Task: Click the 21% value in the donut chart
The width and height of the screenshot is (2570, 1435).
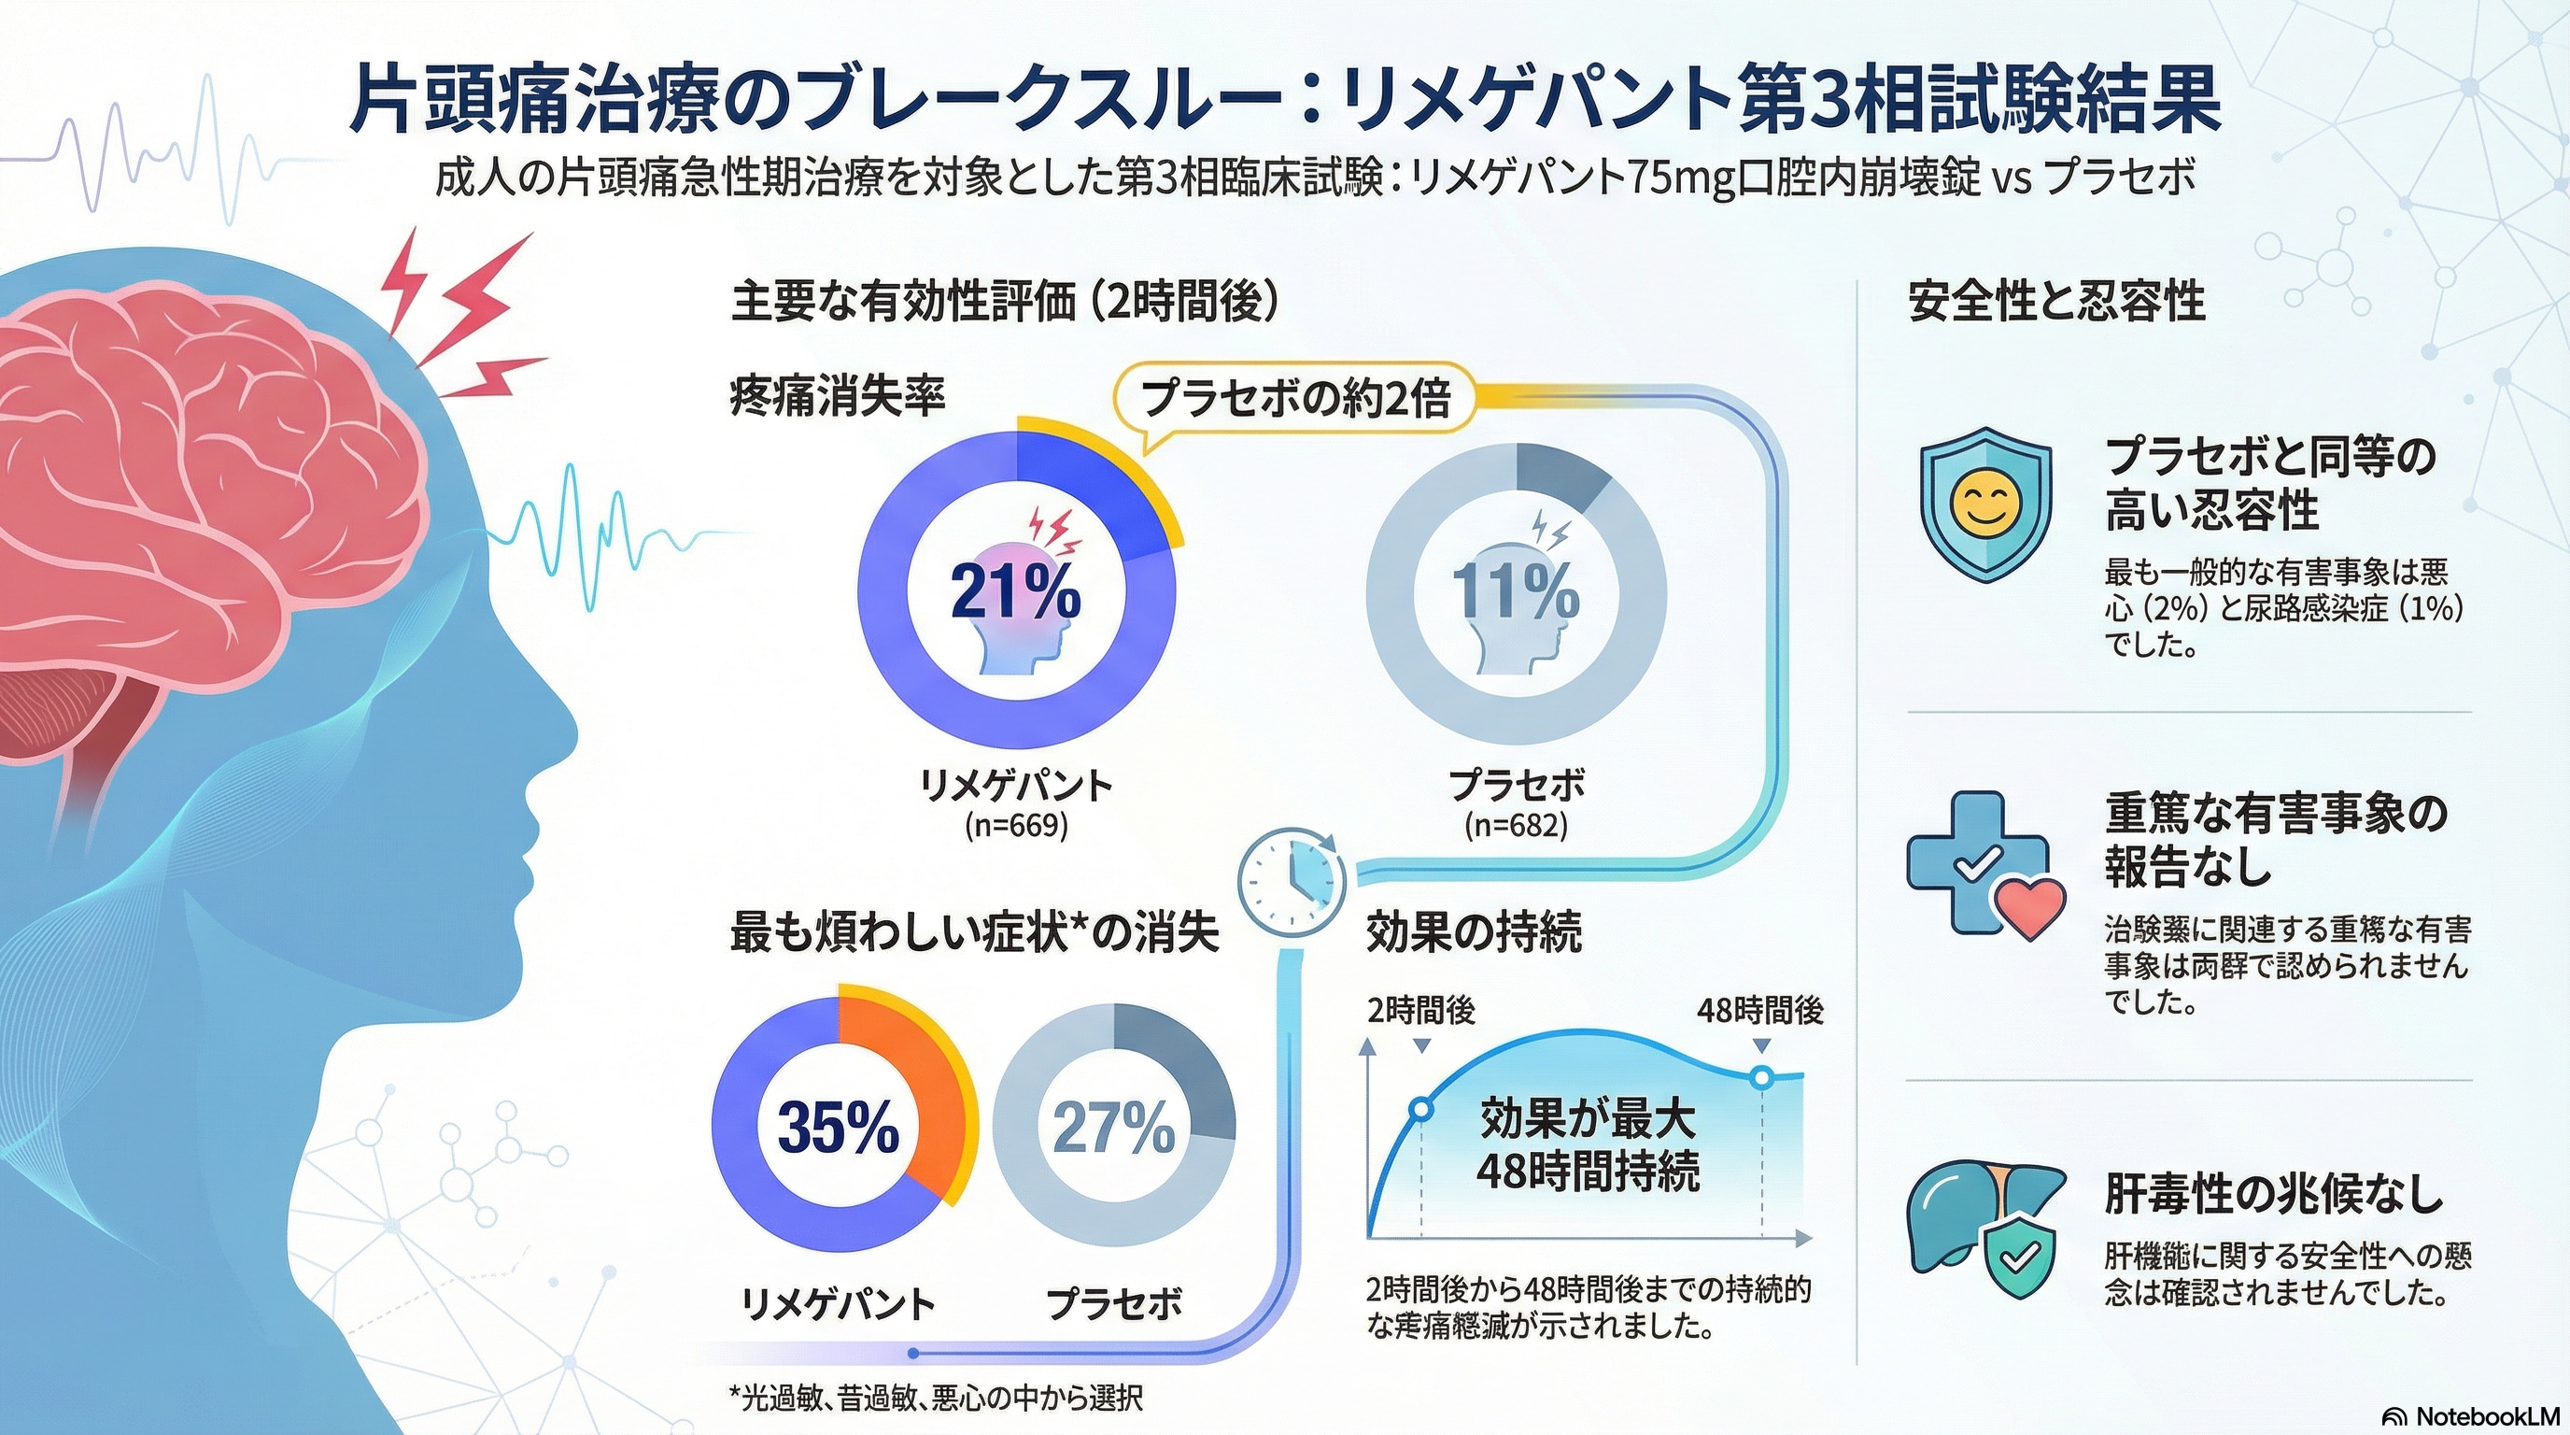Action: (1014, 591)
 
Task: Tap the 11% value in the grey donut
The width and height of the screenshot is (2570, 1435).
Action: (1515, 591)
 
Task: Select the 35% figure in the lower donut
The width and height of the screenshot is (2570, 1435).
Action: (837, 1128)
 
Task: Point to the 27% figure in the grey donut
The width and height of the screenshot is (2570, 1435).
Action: (1113, 1128)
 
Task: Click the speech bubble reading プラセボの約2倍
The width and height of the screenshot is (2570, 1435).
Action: (1294, 398)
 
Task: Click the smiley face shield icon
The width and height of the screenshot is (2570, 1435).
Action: (1985, 504)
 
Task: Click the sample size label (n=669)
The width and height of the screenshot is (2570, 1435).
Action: (1016, 825)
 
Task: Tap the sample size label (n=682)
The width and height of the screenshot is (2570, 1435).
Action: (1516, 825)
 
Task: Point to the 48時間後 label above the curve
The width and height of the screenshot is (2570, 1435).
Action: (1760, 1011)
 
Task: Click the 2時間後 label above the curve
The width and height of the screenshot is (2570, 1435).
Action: (1420, 1011)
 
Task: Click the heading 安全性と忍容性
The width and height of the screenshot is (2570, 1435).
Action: (2056, 302)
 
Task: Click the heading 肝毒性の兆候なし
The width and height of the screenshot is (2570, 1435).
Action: (2274, 1194)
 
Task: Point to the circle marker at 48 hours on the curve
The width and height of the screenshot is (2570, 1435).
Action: (1762, 1078)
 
